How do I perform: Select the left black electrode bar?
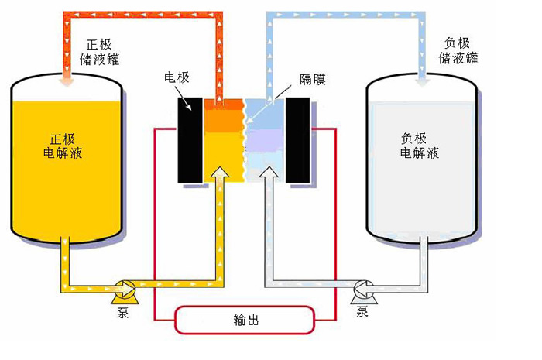pyautogui.click(x=190, y=140)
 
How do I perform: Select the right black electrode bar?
pyautogui.click(x=298, y=140)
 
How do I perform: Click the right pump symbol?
pyautogui.click(x=362, y=290)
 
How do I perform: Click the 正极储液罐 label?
pyautogui.click(x=96, y=51)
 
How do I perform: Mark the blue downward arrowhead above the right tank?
pyautogui.click(x=423, y=77)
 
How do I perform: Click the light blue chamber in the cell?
pyautogui.click(x=264, y=116)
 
